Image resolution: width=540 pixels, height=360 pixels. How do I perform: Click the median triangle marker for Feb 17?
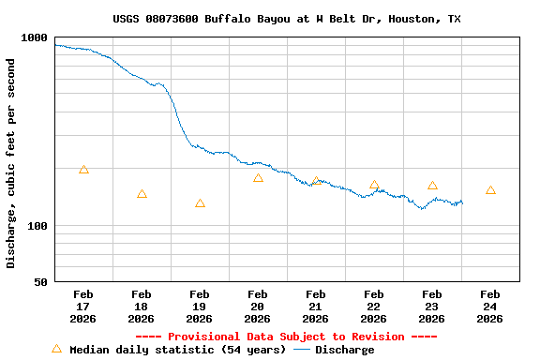(83, 170)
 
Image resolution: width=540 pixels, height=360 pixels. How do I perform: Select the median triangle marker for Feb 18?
(142, 194)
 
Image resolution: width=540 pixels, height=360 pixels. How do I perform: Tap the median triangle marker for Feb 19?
(200, 203)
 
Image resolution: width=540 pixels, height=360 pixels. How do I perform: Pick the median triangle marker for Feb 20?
(258, 177)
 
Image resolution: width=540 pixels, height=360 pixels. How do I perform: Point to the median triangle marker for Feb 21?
(316, 180)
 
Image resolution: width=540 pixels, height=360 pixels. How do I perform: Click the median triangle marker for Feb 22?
(374, 185)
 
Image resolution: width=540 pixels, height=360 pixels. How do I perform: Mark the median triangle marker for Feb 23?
(432, 185)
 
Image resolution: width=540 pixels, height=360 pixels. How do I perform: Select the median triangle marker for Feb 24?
(490, 190)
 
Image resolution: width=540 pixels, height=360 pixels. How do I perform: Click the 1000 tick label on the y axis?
(34, 37)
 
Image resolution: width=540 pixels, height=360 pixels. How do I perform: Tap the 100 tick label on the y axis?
(37, 226)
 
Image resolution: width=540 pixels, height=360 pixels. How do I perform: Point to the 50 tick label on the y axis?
(40, 282)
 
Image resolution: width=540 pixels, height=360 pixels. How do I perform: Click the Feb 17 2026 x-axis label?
(83, 307)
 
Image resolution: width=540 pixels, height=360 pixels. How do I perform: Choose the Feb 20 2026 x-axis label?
(258, 307)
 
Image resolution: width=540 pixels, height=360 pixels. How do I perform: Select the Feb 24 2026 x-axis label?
(490, 307)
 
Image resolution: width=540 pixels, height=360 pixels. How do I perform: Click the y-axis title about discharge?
(11, 163)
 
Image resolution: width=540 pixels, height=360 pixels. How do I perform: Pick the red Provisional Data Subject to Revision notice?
(286, 337)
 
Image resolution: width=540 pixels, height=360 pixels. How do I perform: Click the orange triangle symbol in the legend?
(56, 349)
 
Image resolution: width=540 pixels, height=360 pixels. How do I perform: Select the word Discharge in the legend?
(344, 350)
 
